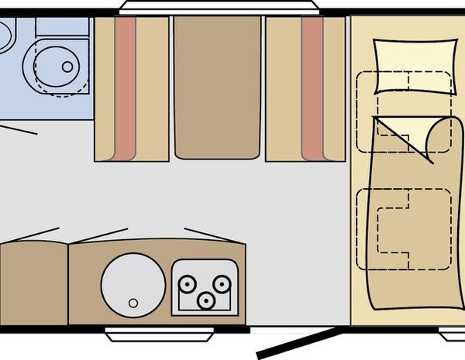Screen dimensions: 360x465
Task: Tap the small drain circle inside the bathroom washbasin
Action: pos(67,67)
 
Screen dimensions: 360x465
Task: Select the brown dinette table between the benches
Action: pos(215,87)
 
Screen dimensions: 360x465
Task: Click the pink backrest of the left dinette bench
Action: pos(126,87)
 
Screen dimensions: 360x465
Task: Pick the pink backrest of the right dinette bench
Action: pos(312,87)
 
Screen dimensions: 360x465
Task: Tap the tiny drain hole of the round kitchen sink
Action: pos(133,303)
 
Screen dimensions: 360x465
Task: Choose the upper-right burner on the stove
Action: pos(222,284)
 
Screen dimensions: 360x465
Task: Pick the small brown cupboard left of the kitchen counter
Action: pos(33,283)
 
